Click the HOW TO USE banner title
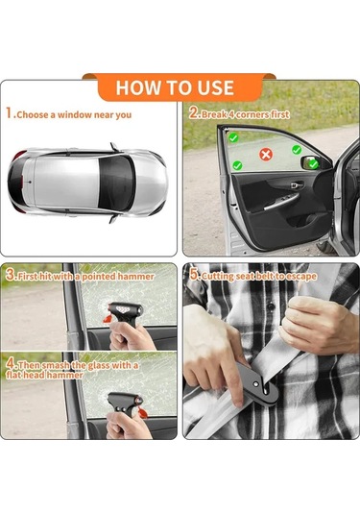[175, 87]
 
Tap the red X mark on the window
[266, 154]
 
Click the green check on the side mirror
[314, 163]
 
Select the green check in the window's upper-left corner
[233, 137]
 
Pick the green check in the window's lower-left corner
[237, 165]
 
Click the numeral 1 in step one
[10, 113]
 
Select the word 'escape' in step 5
[303, 277]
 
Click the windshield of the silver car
[116, 183]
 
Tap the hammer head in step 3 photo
[125, 309]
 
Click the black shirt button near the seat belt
[271, 306]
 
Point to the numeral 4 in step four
[11, 364]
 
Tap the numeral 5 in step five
[195, 275]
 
